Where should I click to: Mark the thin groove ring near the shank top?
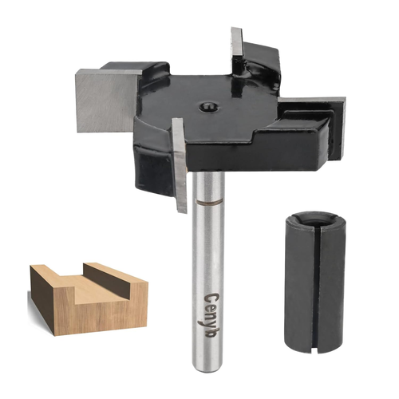point(206,205)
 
